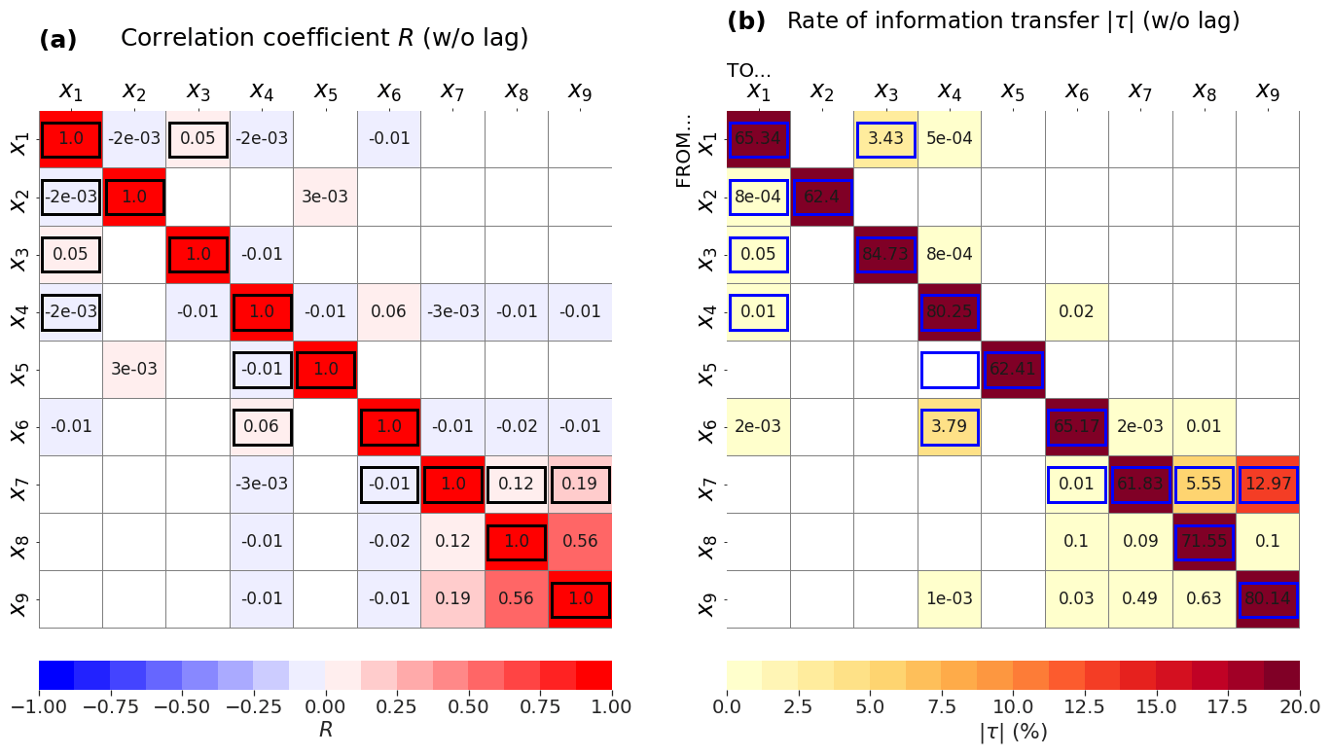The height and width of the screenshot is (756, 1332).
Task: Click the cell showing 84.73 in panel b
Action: (885, 255)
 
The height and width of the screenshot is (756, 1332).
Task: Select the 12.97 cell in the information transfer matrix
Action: (1268, 485)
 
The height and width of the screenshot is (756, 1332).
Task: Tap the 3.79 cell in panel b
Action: (949, 427)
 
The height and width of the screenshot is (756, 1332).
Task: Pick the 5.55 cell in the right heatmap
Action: (1205, 485)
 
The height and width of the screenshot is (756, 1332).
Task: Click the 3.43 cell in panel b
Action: (885, 139)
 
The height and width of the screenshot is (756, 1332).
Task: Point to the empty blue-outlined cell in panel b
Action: (949, 370)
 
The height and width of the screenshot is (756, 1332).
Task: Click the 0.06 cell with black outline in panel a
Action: (262, 426)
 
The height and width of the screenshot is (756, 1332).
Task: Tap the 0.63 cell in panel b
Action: (1205, 599)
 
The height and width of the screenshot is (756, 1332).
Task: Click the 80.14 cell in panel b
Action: (1268, 599)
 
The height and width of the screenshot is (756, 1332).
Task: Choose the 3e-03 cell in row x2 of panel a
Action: (325, 197)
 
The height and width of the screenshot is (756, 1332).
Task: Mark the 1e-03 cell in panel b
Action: (949, 599)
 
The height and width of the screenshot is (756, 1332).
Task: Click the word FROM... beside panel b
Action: (685, 152)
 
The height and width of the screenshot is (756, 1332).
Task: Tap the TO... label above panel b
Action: (748, 70)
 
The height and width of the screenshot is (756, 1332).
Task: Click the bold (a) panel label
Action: (57, 40)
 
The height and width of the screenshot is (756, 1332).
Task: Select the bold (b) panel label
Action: (746, 21)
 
